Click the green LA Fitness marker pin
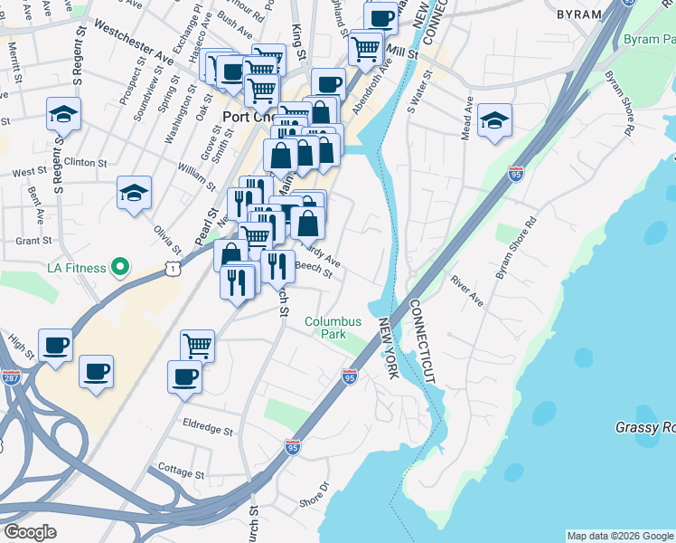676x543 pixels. click(117, 267)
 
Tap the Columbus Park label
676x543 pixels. click(333, 328)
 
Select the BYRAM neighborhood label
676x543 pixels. click(579, 14)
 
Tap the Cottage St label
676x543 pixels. click(180, 472)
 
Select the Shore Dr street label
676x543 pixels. click(313, 497)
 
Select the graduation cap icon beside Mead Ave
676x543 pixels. click(494, 120)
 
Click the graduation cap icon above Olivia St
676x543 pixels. click(133, 193)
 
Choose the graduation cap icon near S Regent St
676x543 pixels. click(63, 114)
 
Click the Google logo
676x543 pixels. click(30, 531)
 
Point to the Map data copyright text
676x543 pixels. click(620, 536)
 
